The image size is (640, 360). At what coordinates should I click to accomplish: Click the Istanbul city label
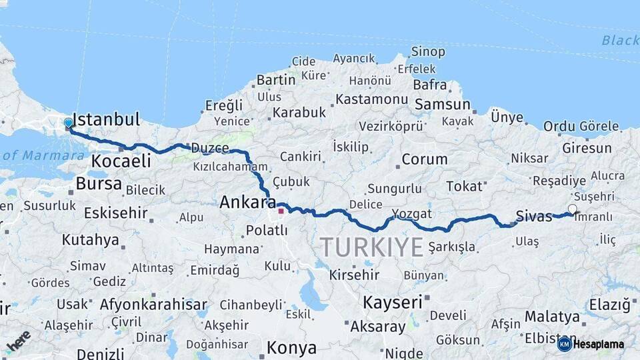tap(106, 120)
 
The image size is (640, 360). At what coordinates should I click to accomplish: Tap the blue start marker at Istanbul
tap(68, 123)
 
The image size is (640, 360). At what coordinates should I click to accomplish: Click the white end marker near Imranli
tap(572, 209)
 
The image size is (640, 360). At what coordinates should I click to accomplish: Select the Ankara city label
tap(247, 201)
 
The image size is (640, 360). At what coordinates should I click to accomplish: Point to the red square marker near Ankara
tap(281, 211)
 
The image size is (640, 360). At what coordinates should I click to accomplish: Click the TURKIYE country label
tap(372, 247)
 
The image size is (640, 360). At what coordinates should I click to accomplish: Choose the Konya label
tap(291, 348)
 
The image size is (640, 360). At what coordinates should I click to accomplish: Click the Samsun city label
tap(443, 105)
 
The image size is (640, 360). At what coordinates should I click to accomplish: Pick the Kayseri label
tap(393, 302)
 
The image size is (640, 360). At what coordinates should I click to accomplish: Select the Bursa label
tap(99, 183)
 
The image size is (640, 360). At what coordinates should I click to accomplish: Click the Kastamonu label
tap(371, 99)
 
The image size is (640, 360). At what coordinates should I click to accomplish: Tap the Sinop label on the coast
tap(428, 51)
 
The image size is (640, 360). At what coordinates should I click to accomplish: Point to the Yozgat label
tap(411, 214)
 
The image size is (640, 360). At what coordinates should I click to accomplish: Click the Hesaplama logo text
tap(598, 344)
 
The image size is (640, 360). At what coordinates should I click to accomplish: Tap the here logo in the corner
tap(19, 341)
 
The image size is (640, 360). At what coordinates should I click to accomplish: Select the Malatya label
tap(552, 316)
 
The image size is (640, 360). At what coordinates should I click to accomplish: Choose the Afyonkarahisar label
tap(153, 305)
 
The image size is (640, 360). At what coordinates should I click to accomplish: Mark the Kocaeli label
tap(121, 161)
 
